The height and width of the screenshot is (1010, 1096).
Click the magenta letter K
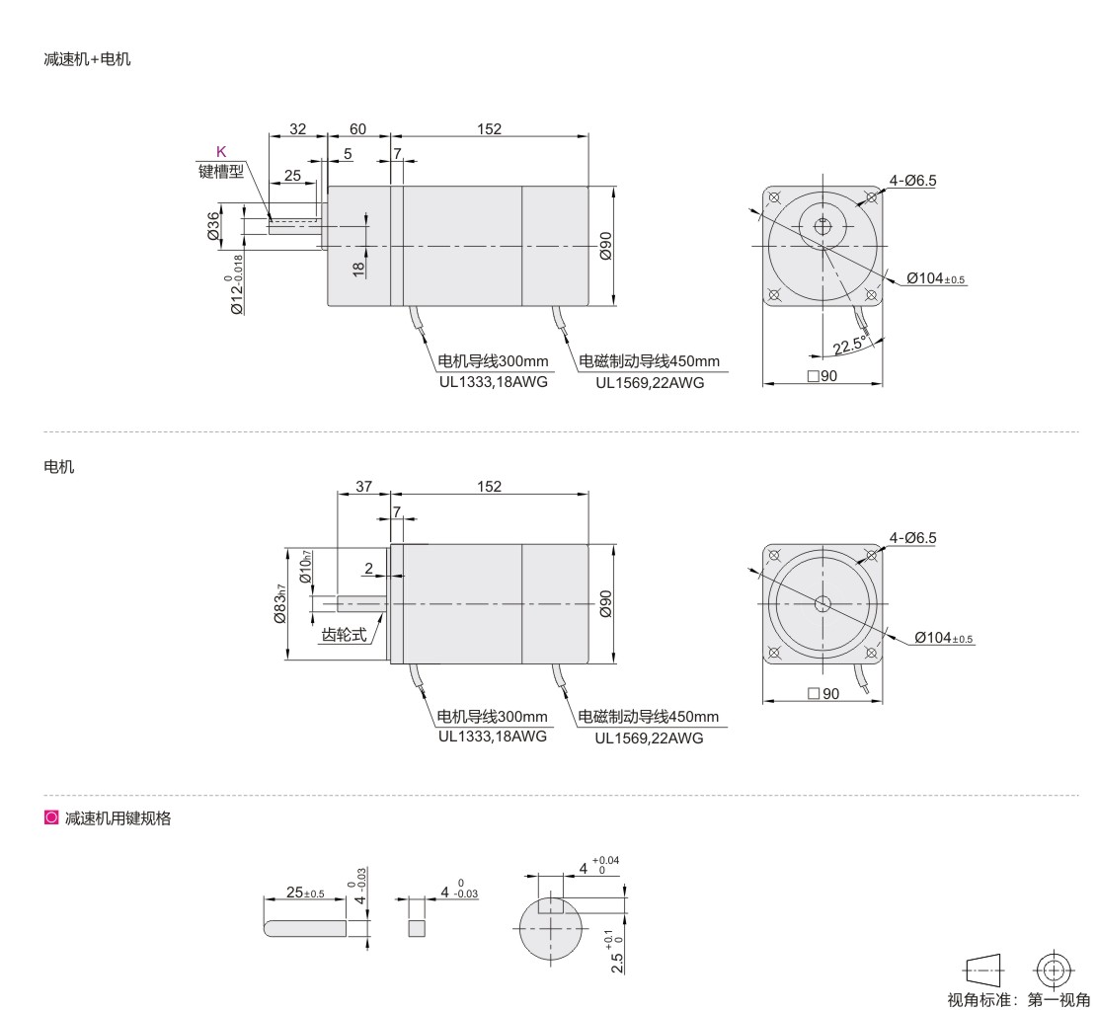tap(221, 152)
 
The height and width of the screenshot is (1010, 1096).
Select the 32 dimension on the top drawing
tap(298, 129)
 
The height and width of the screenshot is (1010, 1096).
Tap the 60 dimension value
tap(357, 129)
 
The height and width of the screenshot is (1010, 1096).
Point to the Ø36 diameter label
tap(212, 226)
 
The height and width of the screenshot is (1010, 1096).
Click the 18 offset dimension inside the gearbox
tap(358, 270)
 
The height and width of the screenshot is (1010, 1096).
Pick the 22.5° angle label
tap(849, 345)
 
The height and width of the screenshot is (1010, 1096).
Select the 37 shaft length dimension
tap(363, 487)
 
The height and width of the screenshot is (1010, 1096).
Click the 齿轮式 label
tap(344, 635)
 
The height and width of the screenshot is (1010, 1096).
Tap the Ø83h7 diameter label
tap(279, 603)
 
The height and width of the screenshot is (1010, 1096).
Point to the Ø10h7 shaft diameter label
tap(305, 567)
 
